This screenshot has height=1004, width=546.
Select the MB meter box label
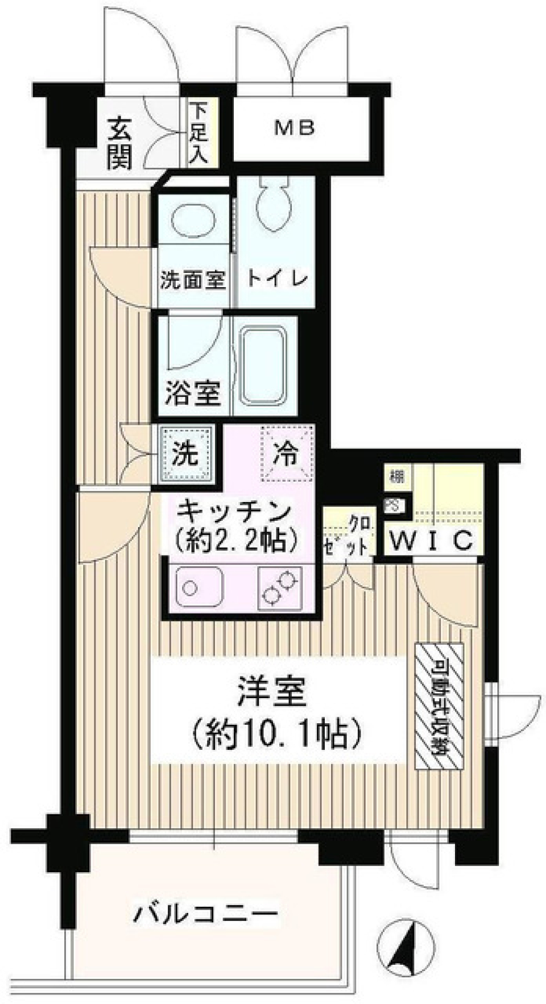click(294, 128)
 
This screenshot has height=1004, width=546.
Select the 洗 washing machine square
click(186, 454)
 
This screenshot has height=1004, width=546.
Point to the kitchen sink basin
click(199, 588)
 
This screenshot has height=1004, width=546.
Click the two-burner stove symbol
click(280, 588)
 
